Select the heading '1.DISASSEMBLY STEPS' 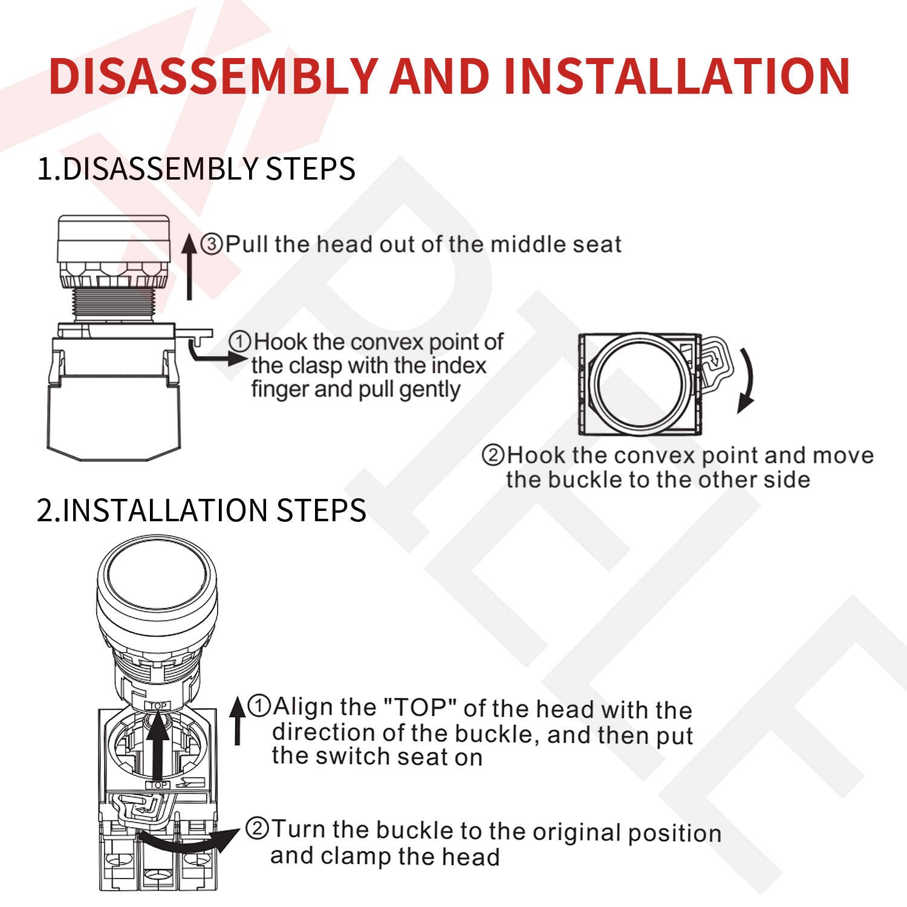[197, 168]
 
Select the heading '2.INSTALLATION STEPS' [201, 510]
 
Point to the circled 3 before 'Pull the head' [212, 245]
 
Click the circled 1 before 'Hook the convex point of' [240, 342]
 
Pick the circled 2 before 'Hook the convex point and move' [493, 455]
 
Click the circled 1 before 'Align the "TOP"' [260, 706]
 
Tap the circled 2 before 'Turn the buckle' [257, 828]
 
